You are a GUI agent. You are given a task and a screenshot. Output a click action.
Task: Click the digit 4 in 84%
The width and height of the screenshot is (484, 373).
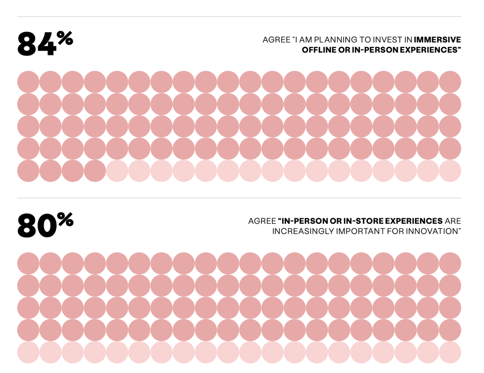(46, 44)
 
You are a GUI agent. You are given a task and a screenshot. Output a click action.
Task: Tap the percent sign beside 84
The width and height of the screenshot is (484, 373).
(65, 39)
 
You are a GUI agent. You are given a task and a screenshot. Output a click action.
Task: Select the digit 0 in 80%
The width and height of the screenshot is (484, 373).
(46, 225)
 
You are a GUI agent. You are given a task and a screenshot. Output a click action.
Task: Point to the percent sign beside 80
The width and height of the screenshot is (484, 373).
(65, 220)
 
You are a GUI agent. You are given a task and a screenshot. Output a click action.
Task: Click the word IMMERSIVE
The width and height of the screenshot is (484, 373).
(437, 39)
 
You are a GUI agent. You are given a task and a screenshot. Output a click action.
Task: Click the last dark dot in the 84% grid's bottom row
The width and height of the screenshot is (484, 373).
(95, 171)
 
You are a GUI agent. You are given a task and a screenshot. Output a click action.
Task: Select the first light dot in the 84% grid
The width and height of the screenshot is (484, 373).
(117, 171)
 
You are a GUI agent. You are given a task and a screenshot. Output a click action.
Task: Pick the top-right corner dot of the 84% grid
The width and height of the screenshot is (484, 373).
(450, 82)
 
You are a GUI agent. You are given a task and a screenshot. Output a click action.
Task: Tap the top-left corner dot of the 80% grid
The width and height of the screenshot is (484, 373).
(29, 263)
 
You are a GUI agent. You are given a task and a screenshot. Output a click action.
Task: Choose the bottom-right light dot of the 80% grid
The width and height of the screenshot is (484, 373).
(450, 352)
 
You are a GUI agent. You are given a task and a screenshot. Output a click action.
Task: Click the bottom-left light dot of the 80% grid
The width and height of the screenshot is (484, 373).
(29, 352)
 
